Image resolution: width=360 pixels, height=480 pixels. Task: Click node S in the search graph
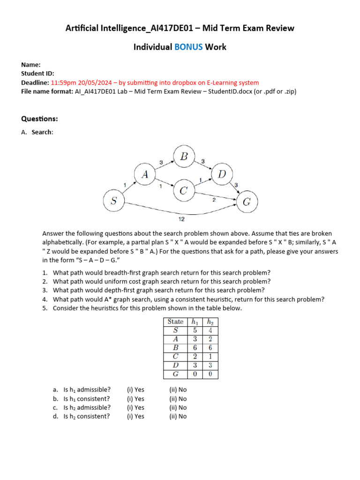pos(113,202)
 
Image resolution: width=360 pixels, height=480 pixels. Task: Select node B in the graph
pos(184,157)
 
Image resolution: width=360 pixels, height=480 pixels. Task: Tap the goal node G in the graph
pos(247,202)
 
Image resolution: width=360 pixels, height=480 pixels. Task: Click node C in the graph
pos(184,191)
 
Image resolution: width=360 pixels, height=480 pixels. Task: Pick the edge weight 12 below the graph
pos(181,219)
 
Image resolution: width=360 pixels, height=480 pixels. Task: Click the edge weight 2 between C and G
pos(214,200)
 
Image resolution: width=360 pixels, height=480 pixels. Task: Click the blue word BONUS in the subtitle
pos(189,47)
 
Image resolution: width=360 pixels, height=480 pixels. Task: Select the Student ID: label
pos(37,74)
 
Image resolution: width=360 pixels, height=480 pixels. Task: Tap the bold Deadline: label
pos(35,82)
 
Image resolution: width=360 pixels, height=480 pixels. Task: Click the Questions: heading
pos(39,119)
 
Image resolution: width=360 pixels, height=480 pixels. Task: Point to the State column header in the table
pos(175,322)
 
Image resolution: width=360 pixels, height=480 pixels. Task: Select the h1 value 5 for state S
pos(194,330)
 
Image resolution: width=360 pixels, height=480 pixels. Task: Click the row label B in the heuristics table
pos(175,348)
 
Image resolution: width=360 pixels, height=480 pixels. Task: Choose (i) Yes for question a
pos(135,390)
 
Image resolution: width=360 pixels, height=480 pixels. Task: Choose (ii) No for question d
pos(178,416)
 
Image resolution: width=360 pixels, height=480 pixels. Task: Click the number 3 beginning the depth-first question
pos(44,290)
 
